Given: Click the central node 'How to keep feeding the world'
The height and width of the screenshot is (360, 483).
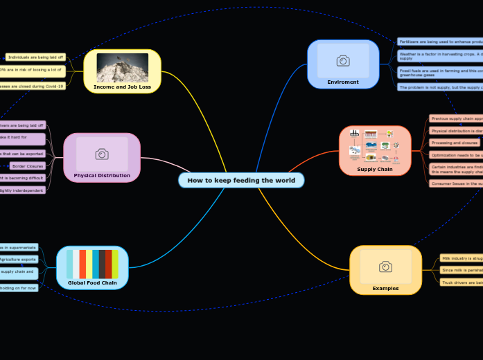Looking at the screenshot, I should point(241,181).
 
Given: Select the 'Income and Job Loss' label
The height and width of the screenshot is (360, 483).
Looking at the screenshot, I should point(122,87).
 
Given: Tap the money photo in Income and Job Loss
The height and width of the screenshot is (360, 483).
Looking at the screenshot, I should point(122,67).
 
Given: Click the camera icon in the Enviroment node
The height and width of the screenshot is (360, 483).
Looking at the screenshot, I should point(343,61).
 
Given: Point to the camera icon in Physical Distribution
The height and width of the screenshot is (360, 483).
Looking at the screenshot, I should point(102,154).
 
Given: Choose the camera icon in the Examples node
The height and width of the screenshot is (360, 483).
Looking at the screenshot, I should point(385,267).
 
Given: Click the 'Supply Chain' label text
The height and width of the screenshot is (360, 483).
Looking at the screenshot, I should point(375,169).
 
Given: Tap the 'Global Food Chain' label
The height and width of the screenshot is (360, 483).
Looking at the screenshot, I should point(92,282).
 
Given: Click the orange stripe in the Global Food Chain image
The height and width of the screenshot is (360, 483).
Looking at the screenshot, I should point(82,264).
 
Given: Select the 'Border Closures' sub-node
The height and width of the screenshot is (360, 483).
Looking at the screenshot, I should point(28,166).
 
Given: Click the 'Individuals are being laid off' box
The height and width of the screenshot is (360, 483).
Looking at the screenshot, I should point(35,57).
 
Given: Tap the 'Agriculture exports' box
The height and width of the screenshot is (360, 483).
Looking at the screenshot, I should point(19,260).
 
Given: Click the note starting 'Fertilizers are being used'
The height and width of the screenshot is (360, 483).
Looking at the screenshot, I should point(439,42).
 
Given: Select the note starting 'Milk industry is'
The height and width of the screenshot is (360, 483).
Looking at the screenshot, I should point(461,258).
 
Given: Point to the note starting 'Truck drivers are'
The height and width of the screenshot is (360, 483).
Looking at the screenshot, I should point(461,282).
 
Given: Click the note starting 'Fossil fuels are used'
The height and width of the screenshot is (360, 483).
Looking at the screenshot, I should point(439,72).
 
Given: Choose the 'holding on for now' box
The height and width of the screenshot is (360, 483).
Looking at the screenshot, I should point(19,287).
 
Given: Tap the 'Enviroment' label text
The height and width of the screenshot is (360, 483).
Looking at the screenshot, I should point(343,82).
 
